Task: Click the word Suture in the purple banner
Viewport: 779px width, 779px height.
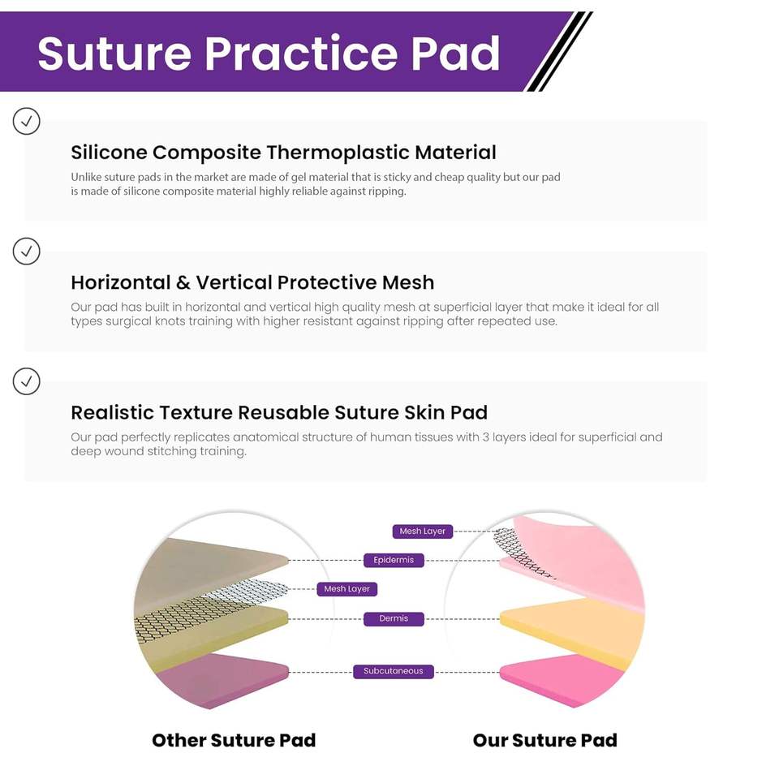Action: [x=114, y=53]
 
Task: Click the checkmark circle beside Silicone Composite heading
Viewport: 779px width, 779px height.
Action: [x=26, y=121]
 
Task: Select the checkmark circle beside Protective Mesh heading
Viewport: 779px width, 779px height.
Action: [x=26, y=251]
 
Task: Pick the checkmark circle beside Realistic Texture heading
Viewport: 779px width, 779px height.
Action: [x=26, y=381]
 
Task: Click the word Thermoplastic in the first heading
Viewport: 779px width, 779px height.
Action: [x=338, y=153]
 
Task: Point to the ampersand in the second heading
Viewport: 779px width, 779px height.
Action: [x=183, y=282]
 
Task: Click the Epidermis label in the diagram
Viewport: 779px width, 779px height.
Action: [x=394, y=560]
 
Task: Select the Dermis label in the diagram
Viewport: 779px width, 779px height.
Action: [x=394, y=618]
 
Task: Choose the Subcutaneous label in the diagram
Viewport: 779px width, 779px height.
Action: [x=393, y=671]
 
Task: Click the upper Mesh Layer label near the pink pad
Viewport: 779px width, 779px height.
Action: [x=422, y=531]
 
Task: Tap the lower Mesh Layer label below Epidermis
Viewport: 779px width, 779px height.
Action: [x=346, y=589]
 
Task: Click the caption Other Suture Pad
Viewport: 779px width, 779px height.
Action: [x=234, y=740]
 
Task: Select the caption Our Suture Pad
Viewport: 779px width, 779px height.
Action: [x=545, y=740]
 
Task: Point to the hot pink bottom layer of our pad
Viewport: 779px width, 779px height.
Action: [x=562, y=678]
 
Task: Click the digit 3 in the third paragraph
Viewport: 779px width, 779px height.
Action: [x=485, y=437]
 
